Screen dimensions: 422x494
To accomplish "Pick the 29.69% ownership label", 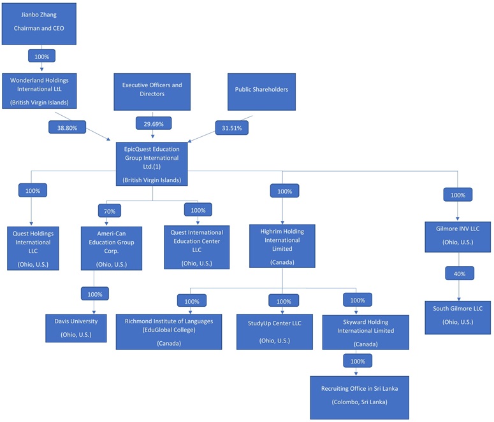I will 152,123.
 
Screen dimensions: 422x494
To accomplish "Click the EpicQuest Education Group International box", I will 152,164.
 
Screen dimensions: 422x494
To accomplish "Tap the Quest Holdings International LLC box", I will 33,247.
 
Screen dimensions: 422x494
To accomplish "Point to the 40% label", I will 458,274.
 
